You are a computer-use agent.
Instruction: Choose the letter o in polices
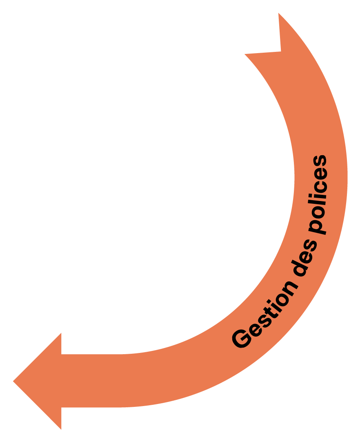pyautogui.click(x=319, y=212)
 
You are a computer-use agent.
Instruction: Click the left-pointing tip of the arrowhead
pyautogui.click(x=13, y=382)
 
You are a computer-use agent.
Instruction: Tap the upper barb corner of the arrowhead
pyautogui.click(x=61, y=333)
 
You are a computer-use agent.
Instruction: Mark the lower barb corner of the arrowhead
pyautogui.click(x=61, y=429)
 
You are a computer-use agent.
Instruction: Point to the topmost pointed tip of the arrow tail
pyautogui.click(x=279, y=13)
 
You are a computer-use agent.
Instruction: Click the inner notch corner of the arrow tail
pyautogui.click(x=281, y=51)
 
